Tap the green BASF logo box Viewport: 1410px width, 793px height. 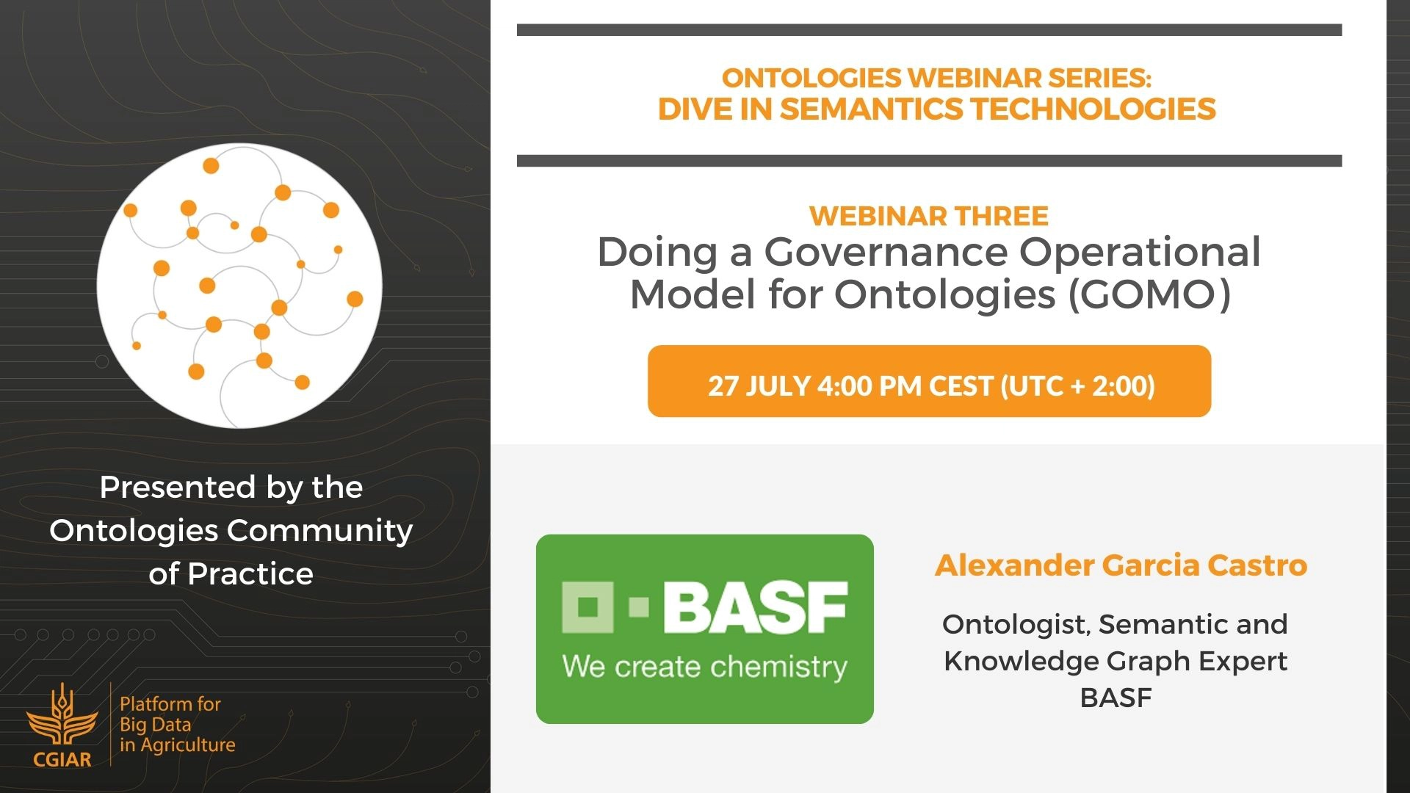click(x=705, y=629)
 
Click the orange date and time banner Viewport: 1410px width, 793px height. click(x=929, y=381)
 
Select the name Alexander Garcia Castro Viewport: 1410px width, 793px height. click(x=1121, y=565)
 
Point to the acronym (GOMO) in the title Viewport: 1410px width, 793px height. click(x=1149, y=294)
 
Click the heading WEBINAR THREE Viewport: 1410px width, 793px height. click(x=929, y=216)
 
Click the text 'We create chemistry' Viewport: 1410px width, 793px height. click(x=705, y=667)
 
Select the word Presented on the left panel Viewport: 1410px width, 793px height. click(x=178, y=487)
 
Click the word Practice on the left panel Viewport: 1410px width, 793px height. click(x=250, y=573)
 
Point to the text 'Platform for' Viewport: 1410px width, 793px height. click(x=170, y=704)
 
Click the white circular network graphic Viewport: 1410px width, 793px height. click(x=239, y=286)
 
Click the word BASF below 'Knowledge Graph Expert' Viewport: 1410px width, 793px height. click(x=1116, y=698)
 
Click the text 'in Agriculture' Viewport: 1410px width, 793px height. click(x=178, y=745)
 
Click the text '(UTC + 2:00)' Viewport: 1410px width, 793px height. click(x=1078, y=385)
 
